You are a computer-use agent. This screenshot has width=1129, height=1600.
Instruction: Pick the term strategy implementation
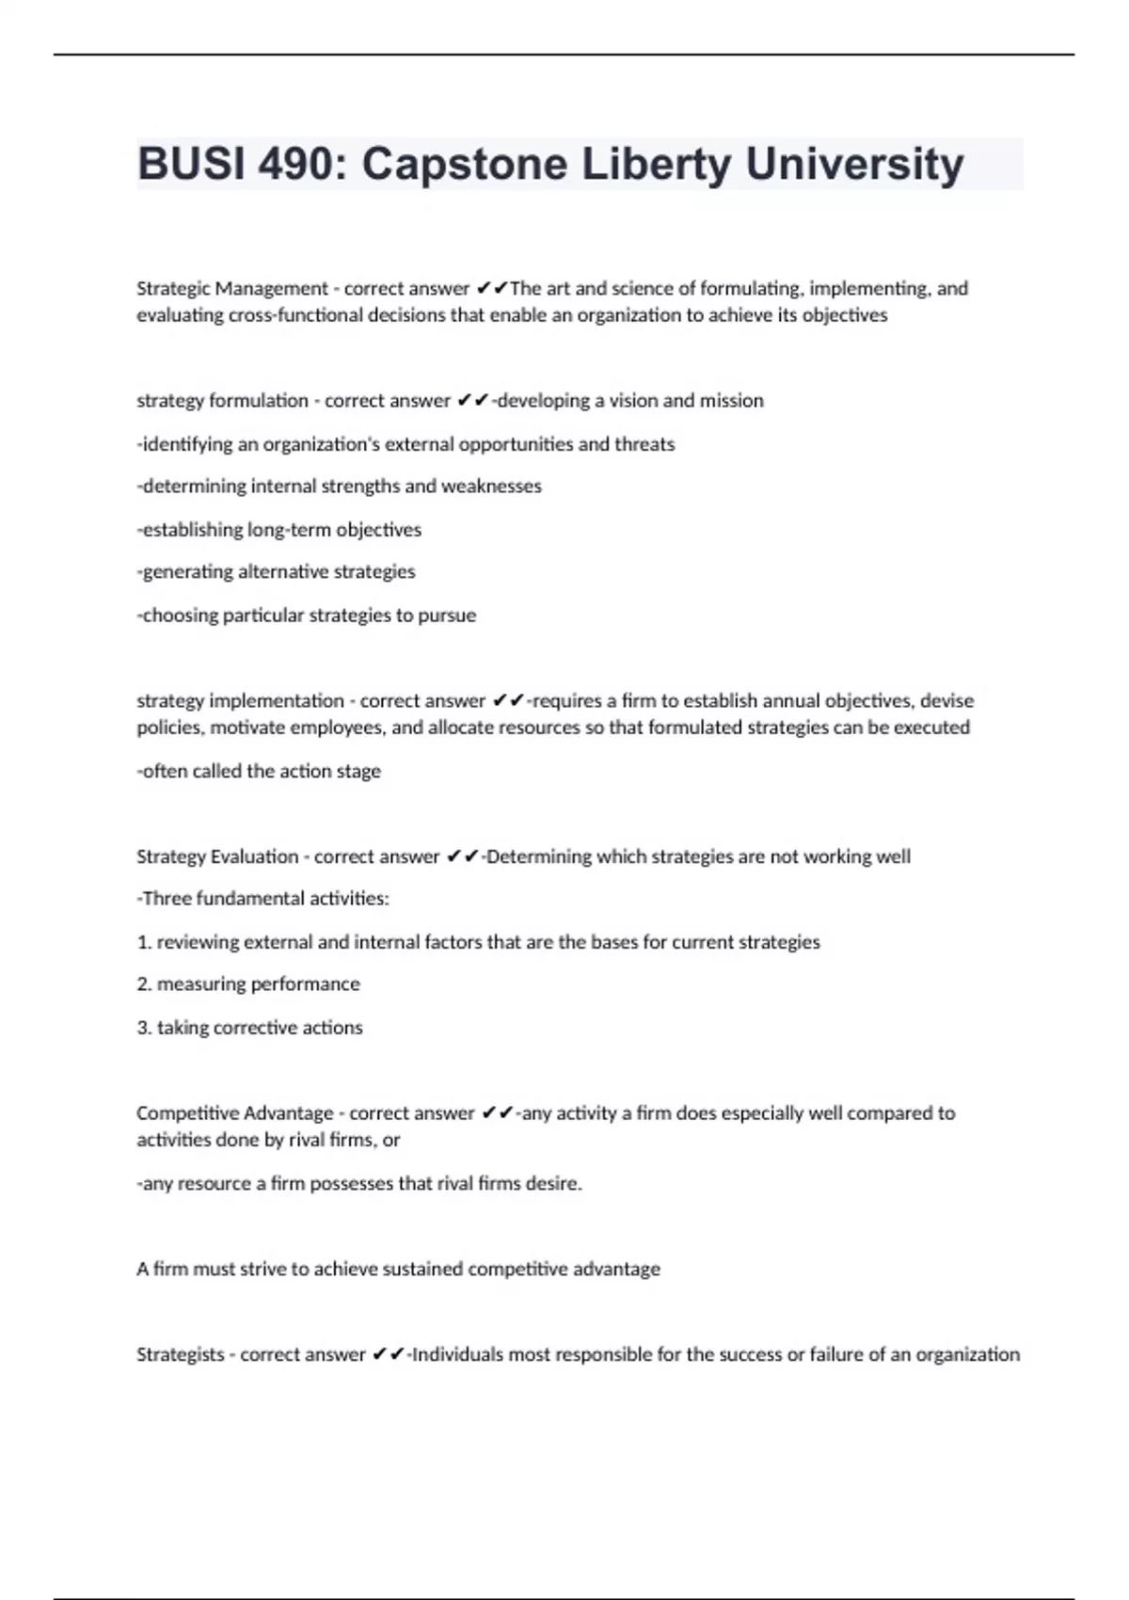[240, 701]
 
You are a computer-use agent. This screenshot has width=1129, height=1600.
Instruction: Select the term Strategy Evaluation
[217, 856]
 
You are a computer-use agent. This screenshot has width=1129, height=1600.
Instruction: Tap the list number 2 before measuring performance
[143, 984]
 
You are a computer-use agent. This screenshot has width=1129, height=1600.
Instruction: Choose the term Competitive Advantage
[234, 1113]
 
